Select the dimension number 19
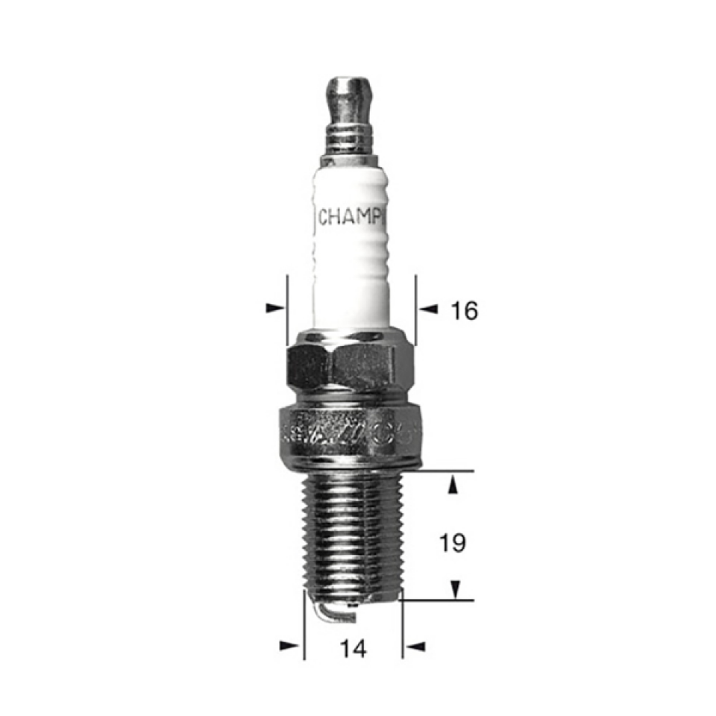[x=452, y=544]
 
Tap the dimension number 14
[x=353, y=650]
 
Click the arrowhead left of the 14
[x=290, y=645]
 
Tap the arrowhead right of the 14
[x=414, y=645]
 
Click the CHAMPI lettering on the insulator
[x=351, y=218]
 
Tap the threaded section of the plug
[x=351, y=533]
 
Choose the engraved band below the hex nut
[x=349, y=432]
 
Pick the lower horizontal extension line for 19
[x=440, y=600]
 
